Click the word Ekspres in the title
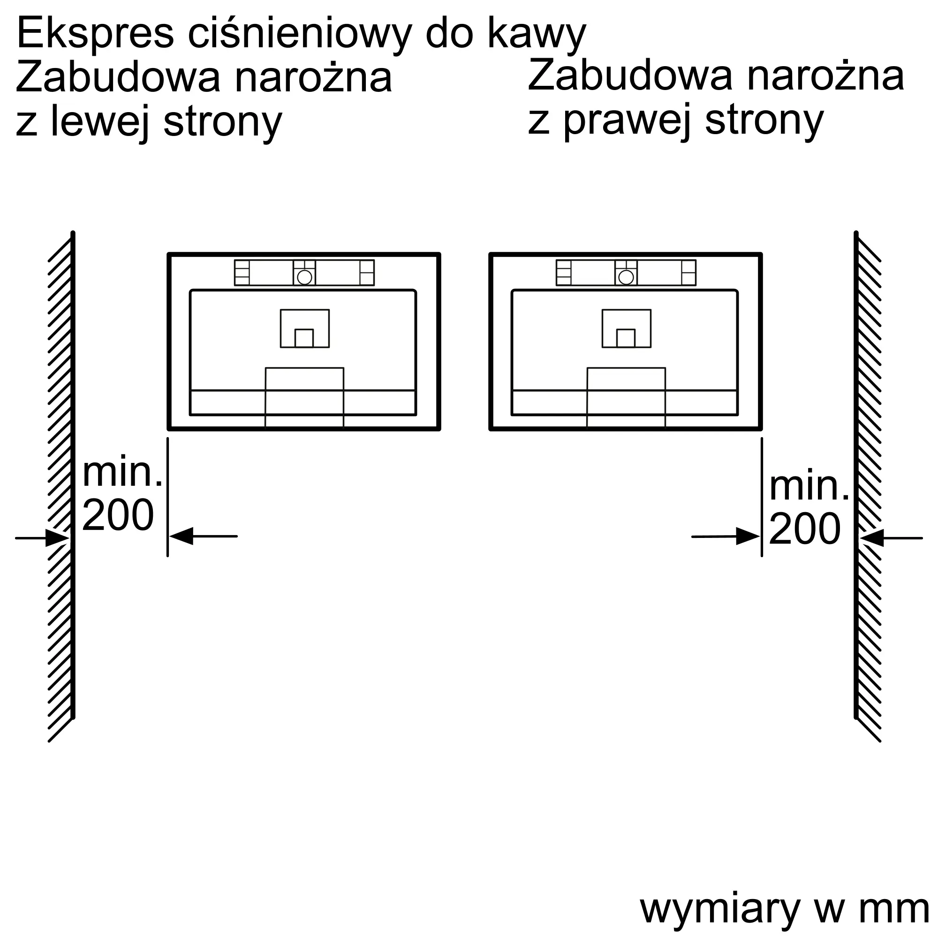pos(95,34)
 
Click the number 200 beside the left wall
pos(118,514)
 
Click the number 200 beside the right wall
pos(804,529)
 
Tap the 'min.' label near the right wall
pos(809,486)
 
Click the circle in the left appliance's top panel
pos(304,277)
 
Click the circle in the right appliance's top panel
pos(626,277)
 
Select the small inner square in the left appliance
pos(304,339)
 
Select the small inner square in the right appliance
pos(626,339)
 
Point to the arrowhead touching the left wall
pos(57,538)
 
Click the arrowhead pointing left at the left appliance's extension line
pos(181,536)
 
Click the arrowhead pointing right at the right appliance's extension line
pos(748,536)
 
